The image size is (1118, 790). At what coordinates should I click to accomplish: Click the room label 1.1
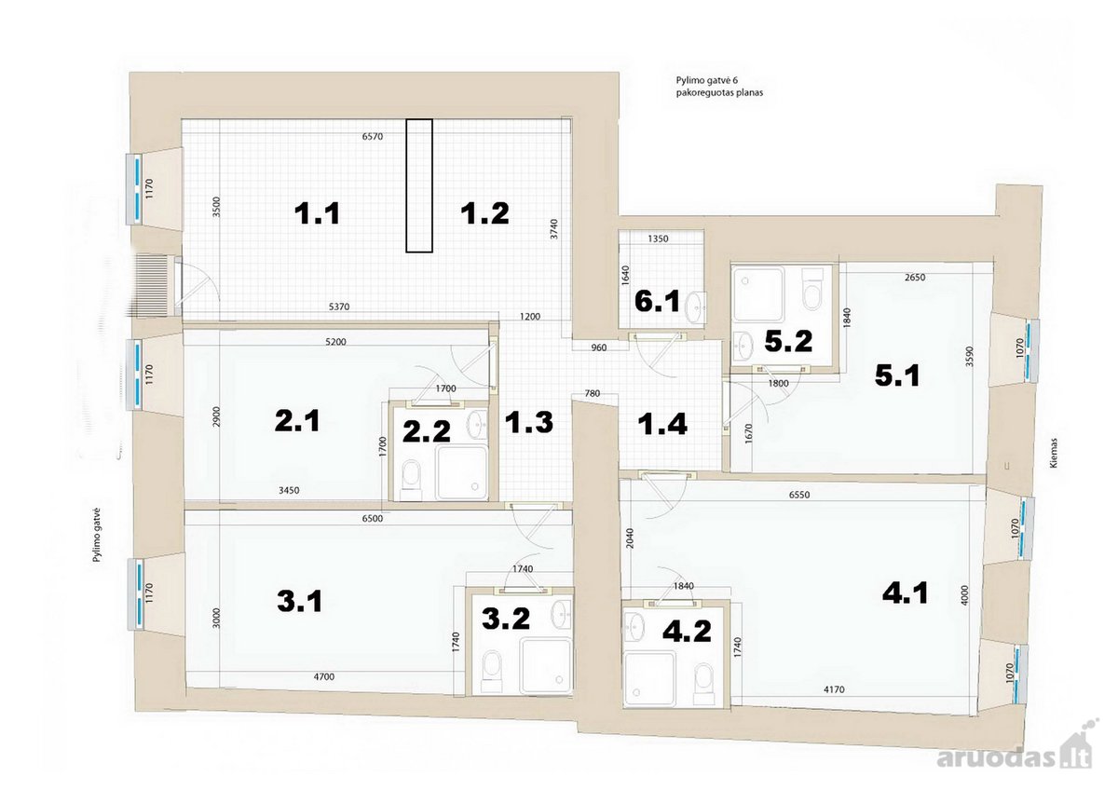coord(317,213)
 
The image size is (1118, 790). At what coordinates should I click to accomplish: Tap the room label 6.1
coord(657,302)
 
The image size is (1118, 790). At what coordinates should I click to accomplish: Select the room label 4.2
coord(687,631)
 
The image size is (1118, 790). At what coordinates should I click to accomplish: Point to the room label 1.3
coord(528,422)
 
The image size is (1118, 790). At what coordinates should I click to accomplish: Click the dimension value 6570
coord(373,136)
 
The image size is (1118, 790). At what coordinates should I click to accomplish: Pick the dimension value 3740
coord(554,229)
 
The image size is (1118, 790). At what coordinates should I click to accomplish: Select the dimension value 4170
coord(834,689)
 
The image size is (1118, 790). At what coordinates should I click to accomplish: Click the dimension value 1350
coord(658,238)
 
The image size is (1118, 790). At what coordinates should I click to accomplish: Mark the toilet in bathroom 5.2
coord(812,289)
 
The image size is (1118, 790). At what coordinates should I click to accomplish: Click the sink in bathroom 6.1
coord(694,306)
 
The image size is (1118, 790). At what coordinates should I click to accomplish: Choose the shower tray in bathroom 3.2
coord(546,665)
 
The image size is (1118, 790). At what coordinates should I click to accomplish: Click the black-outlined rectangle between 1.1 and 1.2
coord(418,185)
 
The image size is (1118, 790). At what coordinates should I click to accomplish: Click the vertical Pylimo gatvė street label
coord(97,535)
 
